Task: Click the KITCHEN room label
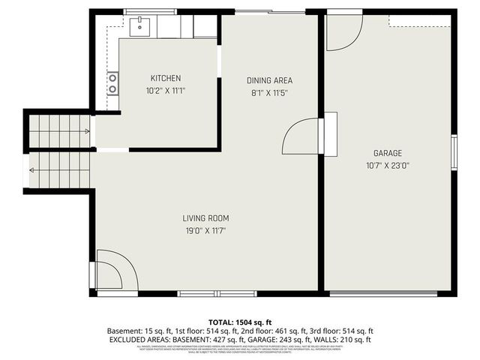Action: (x=165, y=78)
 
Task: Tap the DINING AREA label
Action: (x=269, y=80)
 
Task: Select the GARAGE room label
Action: (x=387, y=152)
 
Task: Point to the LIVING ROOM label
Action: (x=205, y=218)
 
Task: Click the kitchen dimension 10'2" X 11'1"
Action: (x=165, y=91)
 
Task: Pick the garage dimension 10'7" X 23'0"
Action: (x=387, y=165)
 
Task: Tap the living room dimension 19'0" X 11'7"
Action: (x=205, y=231)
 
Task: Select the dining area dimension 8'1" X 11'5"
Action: (x=269, y=93)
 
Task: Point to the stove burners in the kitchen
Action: (x=112, y=82)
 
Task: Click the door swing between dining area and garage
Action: (x=300, y=135)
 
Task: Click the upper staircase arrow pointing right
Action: (x=88, y=131)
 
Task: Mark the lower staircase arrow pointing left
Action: (x=33, y=170)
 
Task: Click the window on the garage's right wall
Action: (x=454, y=150)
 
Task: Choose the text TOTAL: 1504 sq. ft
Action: (x=239, y=320)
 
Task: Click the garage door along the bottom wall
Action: (x=383, y=293)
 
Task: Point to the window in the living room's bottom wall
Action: (x=207, y=293)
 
